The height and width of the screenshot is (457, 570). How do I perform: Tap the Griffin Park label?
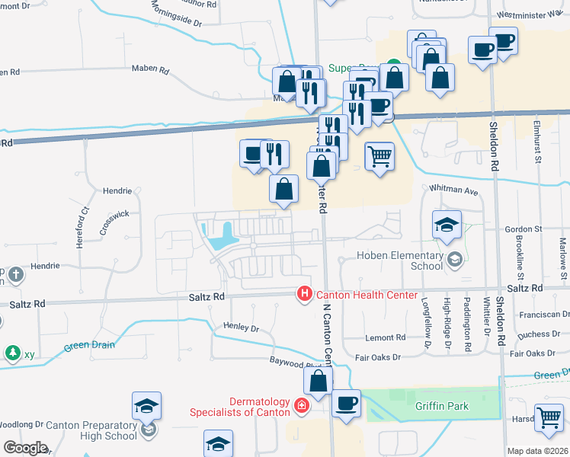(442, 406)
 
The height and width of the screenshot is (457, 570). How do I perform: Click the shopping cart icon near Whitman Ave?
(379, 157)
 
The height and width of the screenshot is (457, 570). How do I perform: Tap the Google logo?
(25, 448)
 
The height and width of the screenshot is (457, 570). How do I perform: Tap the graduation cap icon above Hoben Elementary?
(447, 224)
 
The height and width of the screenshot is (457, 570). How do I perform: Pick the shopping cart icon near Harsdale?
(549, 417)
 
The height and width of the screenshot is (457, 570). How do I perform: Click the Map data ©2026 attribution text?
(538, 451)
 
